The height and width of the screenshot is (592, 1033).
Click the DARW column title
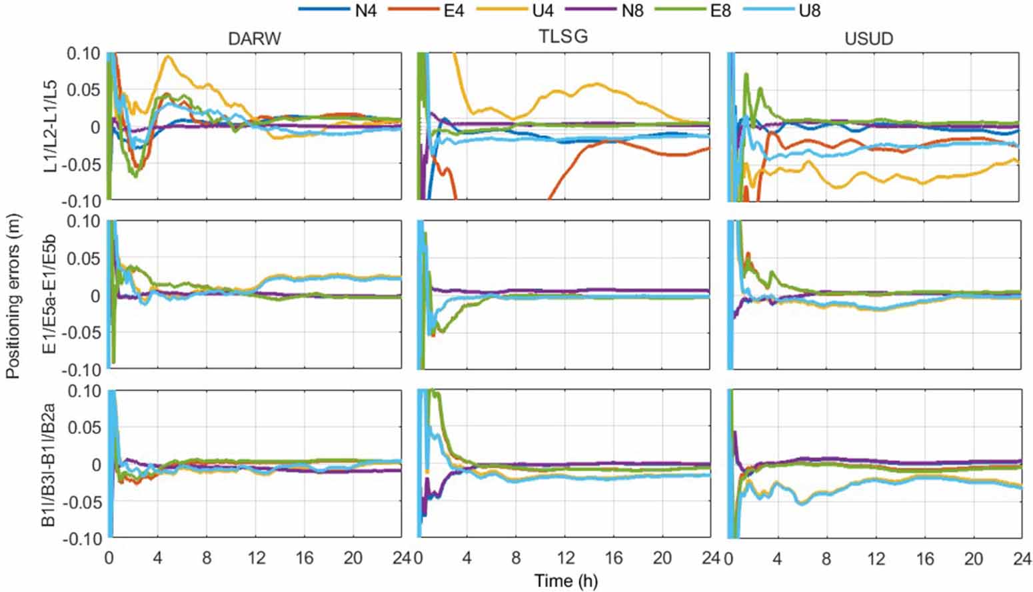pos(254,39)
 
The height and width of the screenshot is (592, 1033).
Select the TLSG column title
pos(563,37)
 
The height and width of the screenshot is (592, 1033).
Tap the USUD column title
pos(868,39)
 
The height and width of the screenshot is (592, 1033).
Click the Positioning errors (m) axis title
pos(13,296)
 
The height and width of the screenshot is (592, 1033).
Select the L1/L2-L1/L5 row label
pos(51,127)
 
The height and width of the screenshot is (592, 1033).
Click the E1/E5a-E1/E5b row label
pos(51,295)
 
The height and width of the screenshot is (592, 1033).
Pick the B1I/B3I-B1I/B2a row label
pos(51,464)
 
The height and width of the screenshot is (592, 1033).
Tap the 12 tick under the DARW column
pos(256,558)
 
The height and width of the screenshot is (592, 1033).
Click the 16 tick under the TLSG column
pos(614,558)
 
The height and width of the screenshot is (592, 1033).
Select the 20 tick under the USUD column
pos(973,558)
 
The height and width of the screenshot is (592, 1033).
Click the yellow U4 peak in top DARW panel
pos(168,57)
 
